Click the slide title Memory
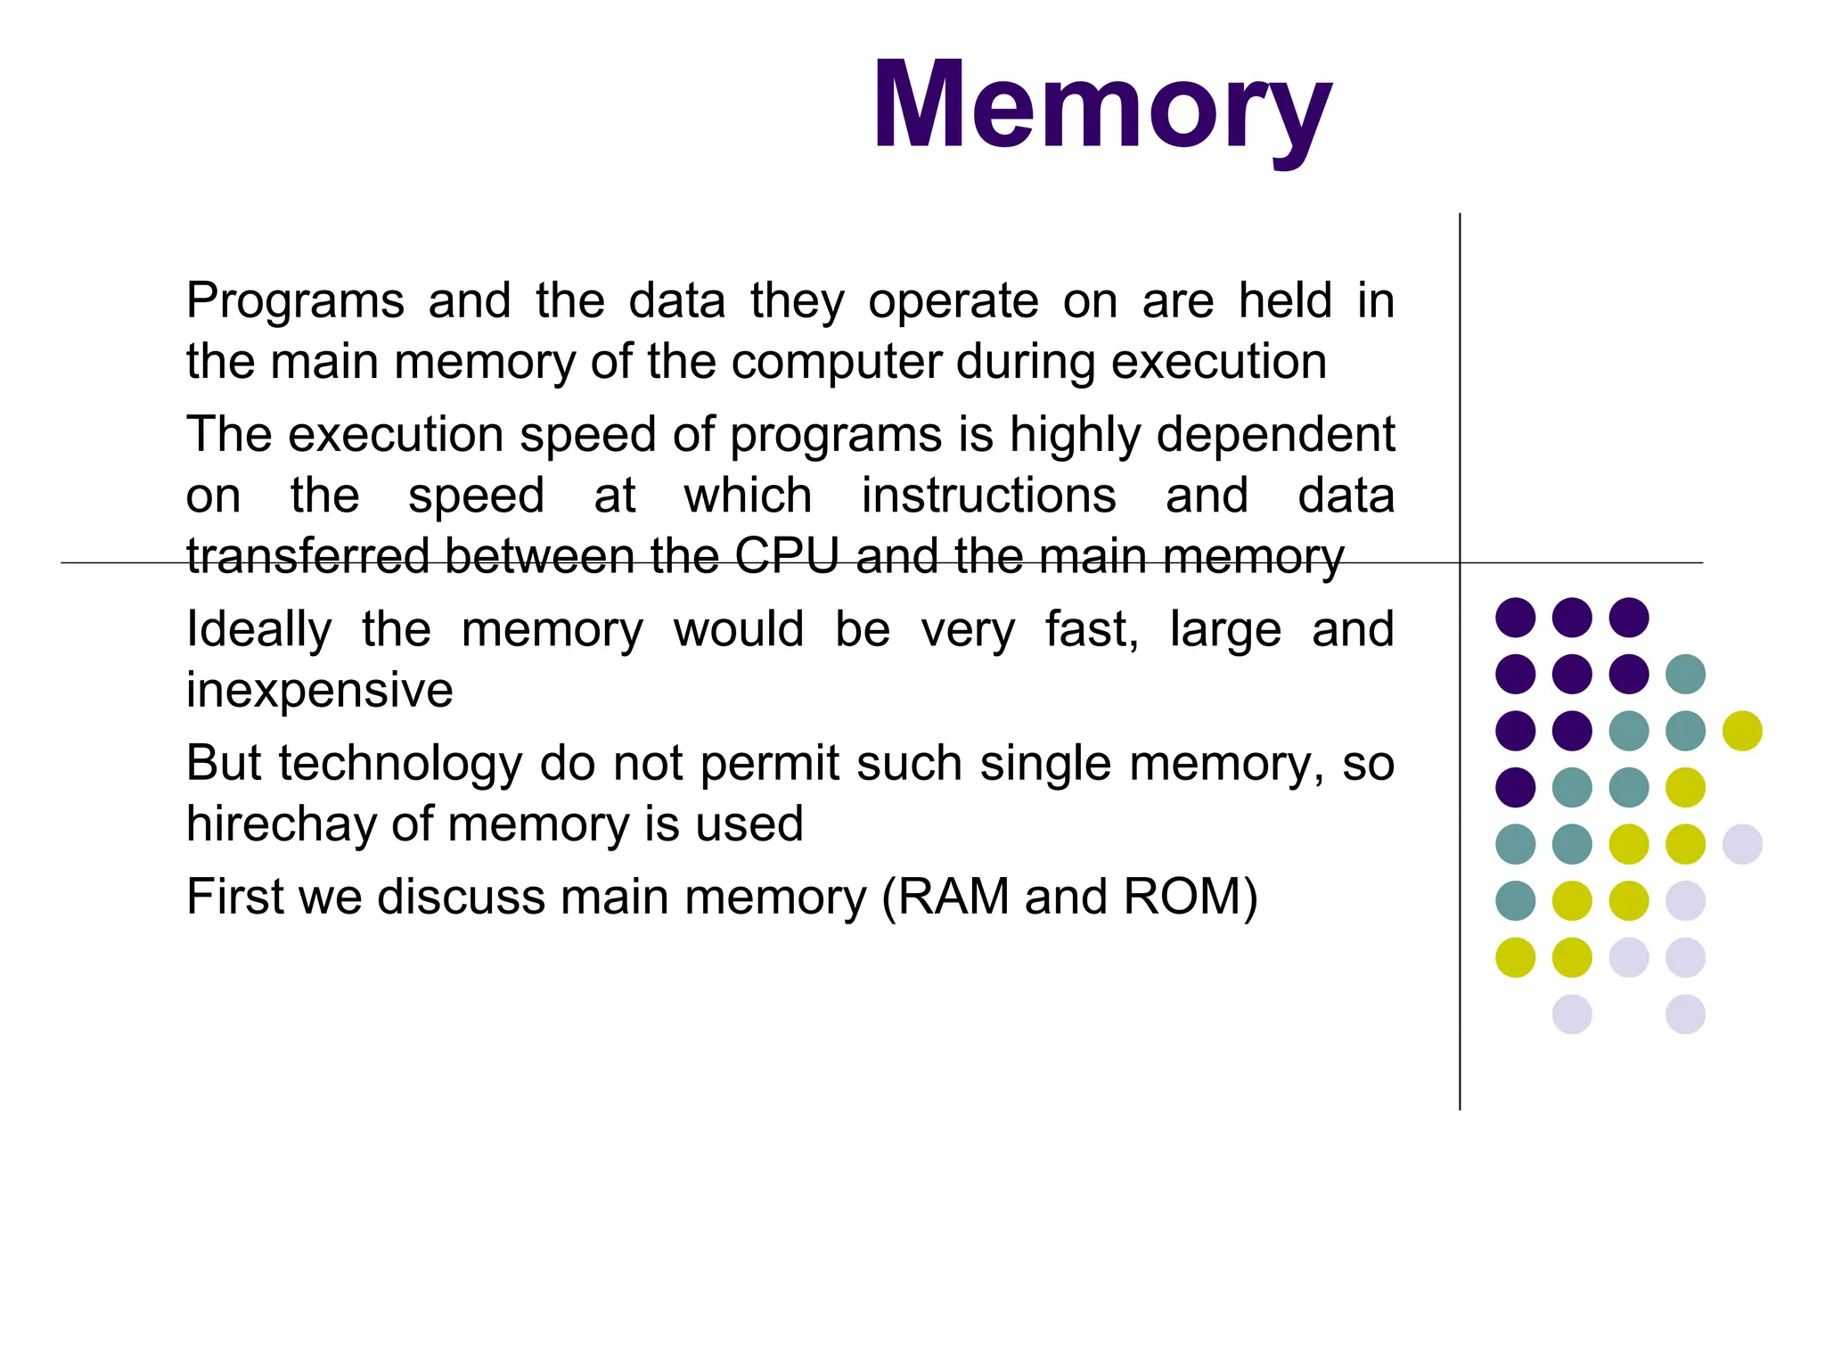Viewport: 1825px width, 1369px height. coord(1101,105)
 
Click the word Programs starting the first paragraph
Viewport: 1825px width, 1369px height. coord(295,301)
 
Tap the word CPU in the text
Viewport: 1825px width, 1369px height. coord(787,556)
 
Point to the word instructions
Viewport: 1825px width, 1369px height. coord(988,496)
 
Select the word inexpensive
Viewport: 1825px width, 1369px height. coord(319,690)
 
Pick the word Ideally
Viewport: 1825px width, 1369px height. coord(258,630)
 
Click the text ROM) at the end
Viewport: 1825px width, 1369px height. coord(1191,897)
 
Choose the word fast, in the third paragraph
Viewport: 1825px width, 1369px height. coord(1092,629)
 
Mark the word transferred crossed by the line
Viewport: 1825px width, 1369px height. coord(308,556)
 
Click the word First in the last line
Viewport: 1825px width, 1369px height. coord(234,897)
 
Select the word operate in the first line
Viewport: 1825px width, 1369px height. coord(953,301)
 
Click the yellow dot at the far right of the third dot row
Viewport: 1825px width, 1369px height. coord(1742,731)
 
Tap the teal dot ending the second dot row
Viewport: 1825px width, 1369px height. coord(1685,674)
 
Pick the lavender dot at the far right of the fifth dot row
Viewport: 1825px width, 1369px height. coord(1742,844)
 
